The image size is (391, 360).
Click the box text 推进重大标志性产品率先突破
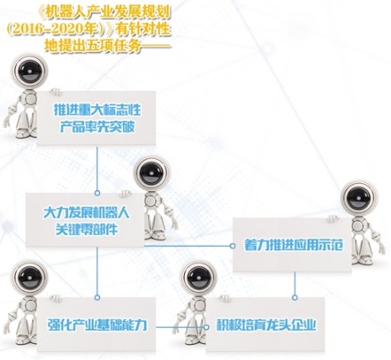pos(97,118)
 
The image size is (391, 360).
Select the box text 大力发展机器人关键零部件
pos(87,221)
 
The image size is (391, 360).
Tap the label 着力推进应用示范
pos(294,245)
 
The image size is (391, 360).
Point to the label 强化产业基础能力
pos(97,324)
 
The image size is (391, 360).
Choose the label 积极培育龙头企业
pos(266,324)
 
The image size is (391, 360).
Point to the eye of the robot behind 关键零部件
pos(151,174)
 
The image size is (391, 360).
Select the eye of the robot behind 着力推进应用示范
pos(360,197)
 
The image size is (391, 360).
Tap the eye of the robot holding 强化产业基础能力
pos(29,278)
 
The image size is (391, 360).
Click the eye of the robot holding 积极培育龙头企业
pos(198,279)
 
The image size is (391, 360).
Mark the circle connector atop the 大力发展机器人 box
pos(97,193)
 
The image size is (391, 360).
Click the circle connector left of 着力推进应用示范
pos(232,246)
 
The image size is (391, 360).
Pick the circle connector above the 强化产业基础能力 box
pos(97,297)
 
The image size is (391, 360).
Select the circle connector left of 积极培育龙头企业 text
pos(206,327)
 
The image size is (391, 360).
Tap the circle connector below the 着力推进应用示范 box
pos(295,297)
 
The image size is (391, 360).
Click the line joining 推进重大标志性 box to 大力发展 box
pos(97,168)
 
